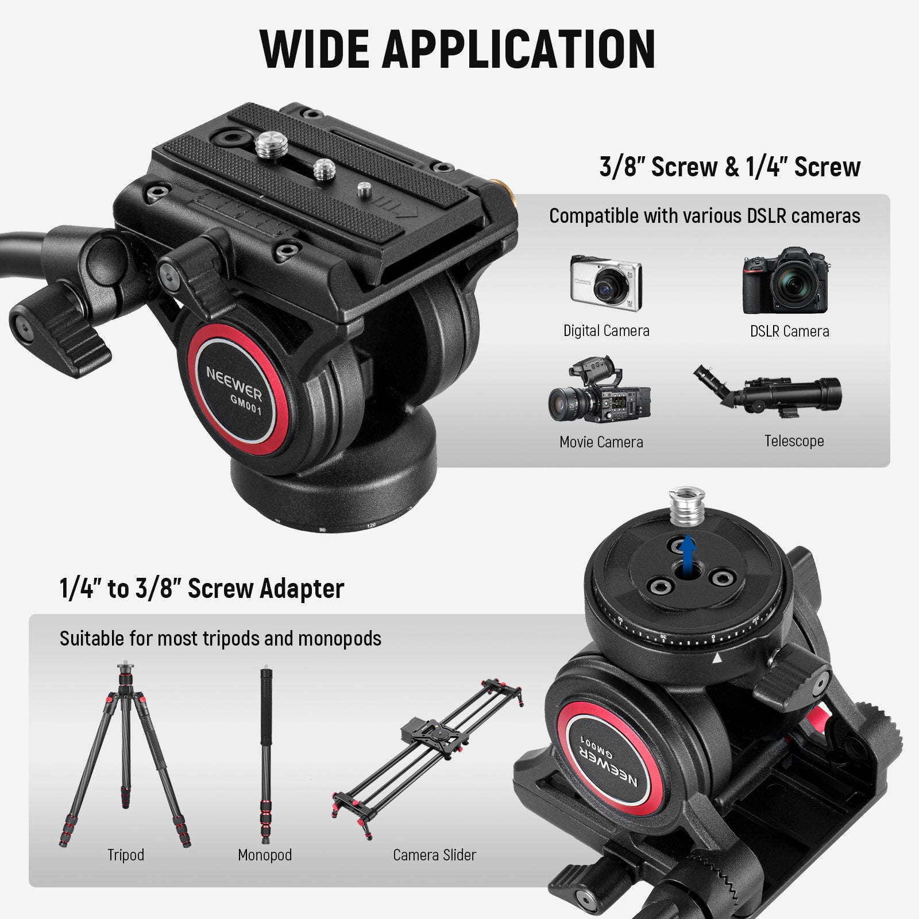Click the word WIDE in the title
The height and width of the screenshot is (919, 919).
(x=314, y=49)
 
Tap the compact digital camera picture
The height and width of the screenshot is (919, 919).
(x=605, y=283)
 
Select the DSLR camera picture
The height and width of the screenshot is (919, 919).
(x=786, y=281)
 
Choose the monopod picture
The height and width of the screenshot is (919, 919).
(x=265, y=752)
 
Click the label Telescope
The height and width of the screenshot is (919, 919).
(x=794, y=441)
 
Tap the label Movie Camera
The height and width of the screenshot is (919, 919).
(x=601, y=442)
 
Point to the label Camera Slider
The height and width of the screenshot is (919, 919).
(x=434, y=855)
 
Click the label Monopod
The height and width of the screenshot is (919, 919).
(x=265, y=855)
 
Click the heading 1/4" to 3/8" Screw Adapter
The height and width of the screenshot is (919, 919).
(x=202, y=589)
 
